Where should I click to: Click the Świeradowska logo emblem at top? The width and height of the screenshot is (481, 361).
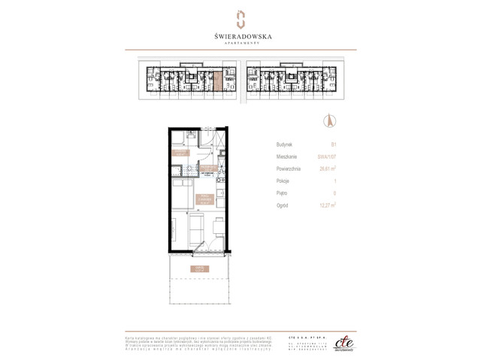point(240,18)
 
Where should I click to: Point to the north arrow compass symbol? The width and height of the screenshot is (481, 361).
point(328,120)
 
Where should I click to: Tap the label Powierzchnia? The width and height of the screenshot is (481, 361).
point(290,168)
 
